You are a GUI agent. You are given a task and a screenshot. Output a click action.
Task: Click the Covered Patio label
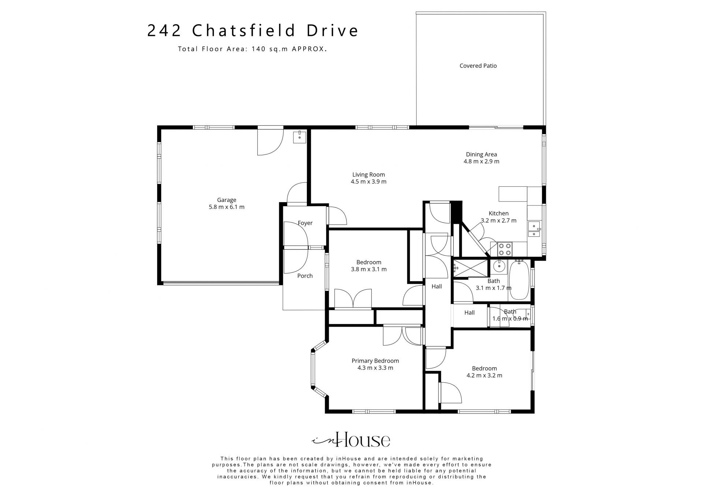point(478,66)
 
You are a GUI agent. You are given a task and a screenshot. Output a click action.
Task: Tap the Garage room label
point(227,200)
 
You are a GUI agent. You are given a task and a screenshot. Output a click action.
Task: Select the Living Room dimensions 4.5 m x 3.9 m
point(369,182)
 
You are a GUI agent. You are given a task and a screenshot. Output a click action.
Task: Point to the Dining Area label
point(481,155)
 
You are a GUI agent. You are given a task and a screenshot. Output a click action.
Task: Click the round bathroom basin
point(498,266)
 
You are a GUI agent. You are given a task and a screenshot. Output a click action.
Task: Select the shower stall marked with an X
point(471,268)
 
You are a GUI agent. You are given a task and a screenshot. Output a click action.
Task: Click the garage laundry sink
point(300,137)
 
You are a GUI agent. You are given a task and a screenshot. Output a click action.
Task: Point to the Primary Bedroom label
point(375,361)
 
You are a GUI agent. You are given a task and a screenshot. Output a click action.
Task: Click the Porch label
point(305,276)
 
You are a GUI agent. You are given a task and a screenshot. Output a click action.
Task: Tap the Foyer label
point(305,223)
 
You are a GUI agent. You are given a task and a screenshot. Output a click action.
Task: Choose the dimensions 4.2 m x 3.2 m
point(484,375)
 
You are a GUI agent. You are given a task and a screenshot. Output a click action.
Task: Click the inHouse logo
point(350,440)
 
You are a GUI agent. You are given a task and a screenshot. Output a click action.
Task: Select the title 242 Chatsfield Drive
point(253,31)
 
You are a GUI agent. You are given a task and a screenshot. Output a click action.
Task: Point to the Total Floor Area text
point(252,49)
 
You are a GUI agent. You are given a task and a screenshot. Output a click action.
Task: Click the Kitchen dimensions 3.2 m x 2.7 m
point(499,220)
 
